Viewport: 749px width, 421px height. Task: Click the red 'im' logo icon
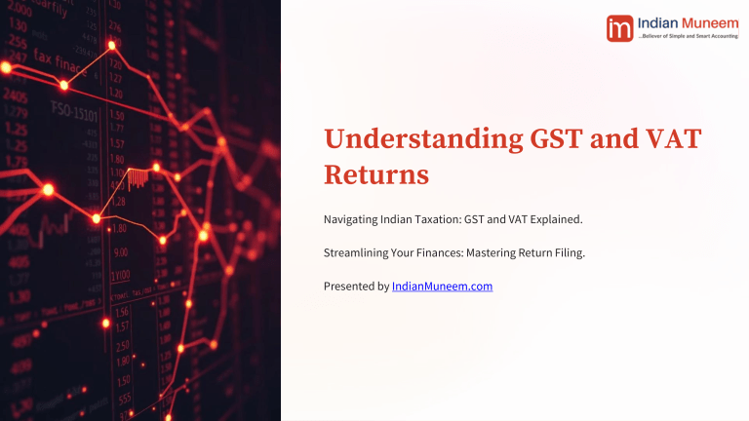click(619, 28)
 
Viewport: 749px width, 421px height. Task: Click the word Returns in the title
click(376, 177)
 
